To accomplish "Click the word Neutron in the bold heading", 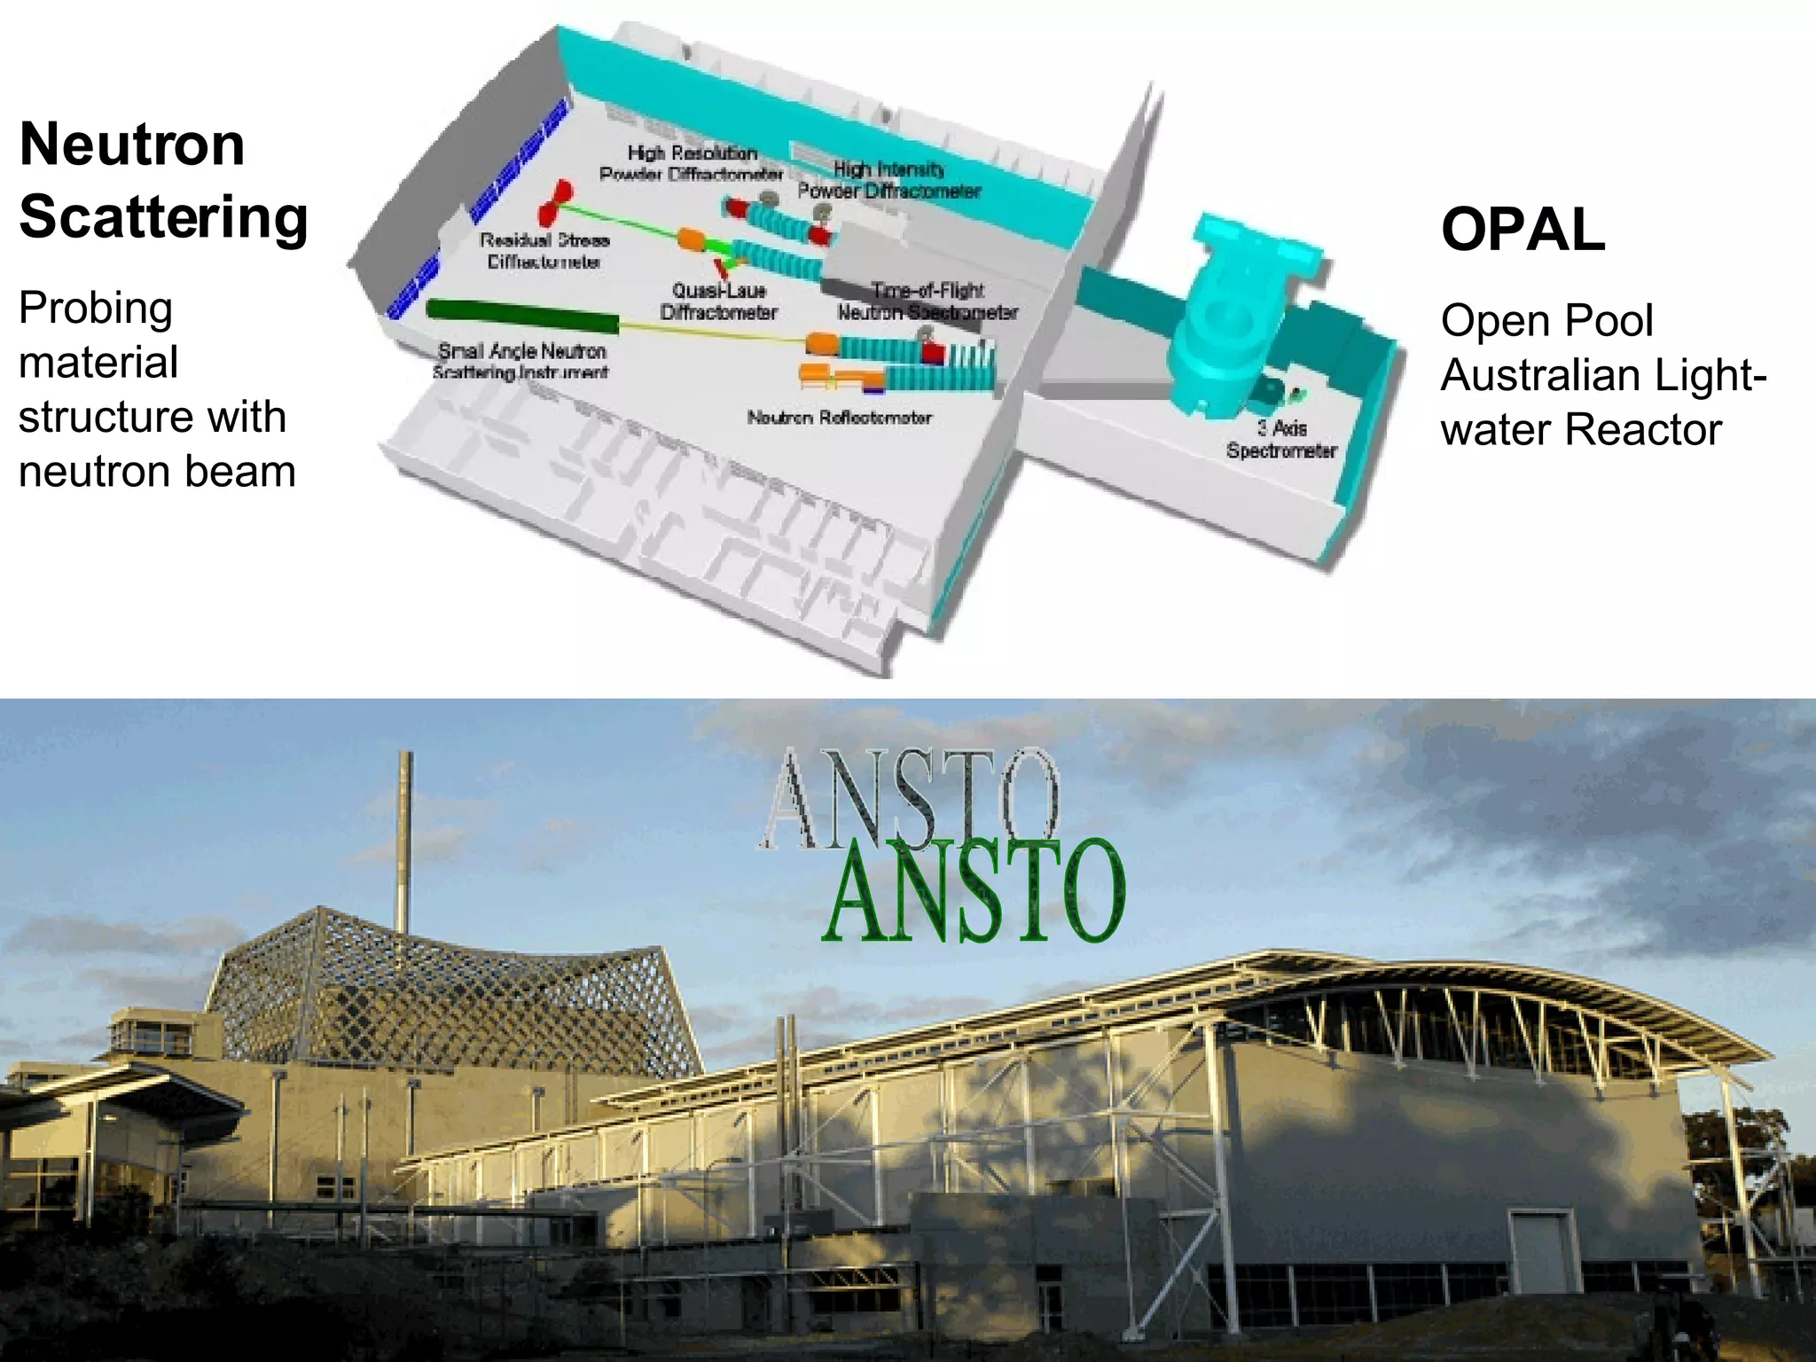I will [132, 145].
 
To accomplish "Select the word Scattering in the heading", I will [163, 216].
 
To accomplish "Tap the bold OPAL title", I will [1522, 230].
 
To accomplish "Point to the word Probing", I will [96, 309].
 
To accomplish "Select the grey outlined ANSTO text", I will [909, 798].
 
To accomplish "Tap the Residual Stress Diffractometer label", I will [544, 251].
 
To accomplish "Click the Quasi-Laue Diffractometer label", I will [718, 301].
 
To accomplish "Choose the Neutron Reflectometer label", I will [839, 418].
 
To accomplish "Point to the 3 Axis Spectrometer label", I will [1281, 440].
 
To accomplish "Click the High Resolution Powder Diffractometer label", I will [692, 164].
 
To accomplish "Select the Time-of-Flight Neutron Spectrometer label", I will [928, 301].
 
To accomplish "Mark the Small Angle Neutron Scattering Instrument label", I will [521, 362].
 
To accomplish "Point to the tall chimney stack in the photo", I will [404, 842].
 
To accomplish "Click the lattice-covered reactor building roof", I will [452, 993].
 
